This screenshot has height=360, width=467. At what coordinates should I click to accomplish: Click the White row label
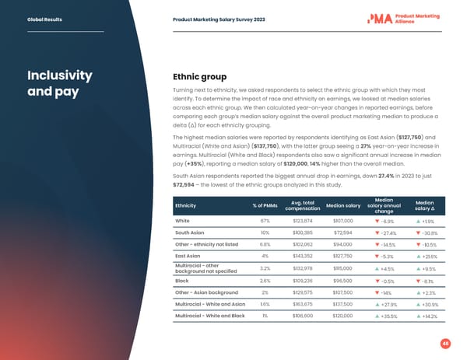pos(184,221)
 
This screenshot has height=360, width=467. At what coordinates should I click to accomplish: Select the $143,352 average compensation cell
pos(304,256)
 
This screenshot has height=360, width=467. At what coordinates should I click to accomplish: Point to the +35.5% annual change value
pos(383,317)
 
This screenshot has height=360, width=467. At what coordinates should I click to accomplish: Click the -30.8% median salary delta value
pos(429,232)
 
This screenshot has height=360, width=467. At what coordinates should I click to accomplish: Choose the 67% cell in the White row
pos(265,221)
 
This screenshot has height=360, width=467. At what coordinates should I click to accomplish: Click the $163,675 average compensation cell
pos(304,304)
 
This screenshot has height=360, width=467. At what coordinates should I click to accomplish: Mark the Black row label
pos(184,281)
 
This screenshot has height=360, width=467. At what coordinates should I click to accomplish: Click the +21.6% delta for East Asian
pos(429,256)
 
